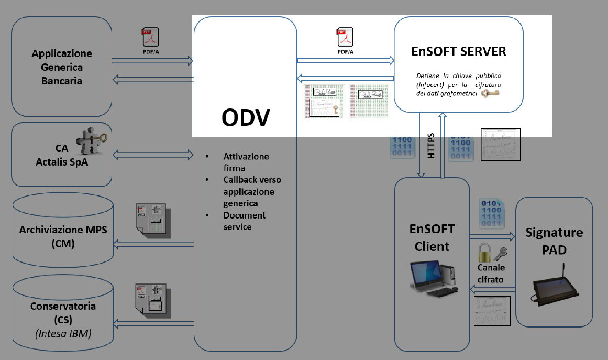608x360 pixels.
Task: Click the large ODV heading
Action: point(245,118)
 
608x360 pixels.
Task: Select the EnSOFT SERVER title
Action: point(458,52)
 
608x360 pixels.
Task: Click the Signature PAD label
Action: point(554,241)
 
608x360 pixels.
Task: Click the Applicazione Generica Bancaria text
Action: point(62,67)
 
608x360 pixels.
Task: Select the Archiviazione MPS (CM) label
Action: point(63,236)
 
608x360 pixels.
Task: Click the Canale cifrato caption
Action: point(491,274)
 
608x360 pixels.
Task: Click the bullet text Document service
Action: point(245,221)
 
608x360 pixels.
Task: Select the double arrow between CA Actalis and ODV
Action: point(153,154)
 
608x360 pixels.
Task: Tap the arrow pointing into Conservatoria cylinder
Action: point(153,324)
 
